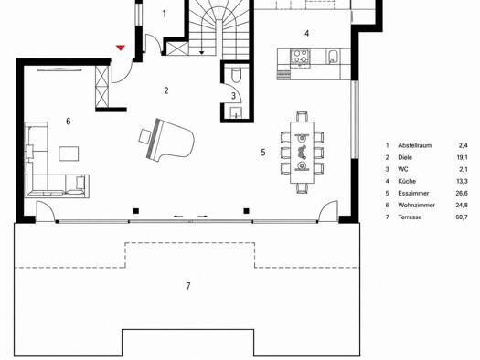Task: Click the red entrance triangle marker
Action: click(121, 48)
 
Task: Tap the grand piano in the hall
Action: click(170, 138)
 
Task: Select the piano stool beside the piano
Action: click(144, 136)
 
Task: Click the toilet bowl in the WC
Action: click(236, 75)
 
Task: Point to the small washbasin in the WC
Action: click(236, 112)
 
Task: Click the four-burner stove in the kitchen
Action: click(300, 57)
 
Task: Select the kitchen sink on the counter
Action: click(333, 57)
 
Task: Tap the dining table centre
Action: click(302, 153)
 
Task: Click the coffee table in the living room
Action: click(69, 154)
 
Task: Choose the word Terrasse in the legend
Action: click(410, 217)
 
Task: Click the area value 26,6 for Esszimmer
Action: click(462, 194)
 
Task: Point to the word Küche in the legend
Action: click(407, 182)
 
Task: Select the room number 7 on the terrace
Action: click(188, 286)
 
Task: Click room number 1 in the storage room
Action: click(165, 14)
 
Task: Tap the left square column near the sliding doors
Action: click(136, 211)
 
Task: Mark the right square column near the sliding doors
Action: click(247, 211)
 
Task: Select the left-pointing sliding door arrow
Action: click(178, 217)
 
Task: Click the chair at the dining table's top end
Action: click(302, 117)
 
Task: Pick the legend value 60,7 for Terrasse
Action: click(462, 217)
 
